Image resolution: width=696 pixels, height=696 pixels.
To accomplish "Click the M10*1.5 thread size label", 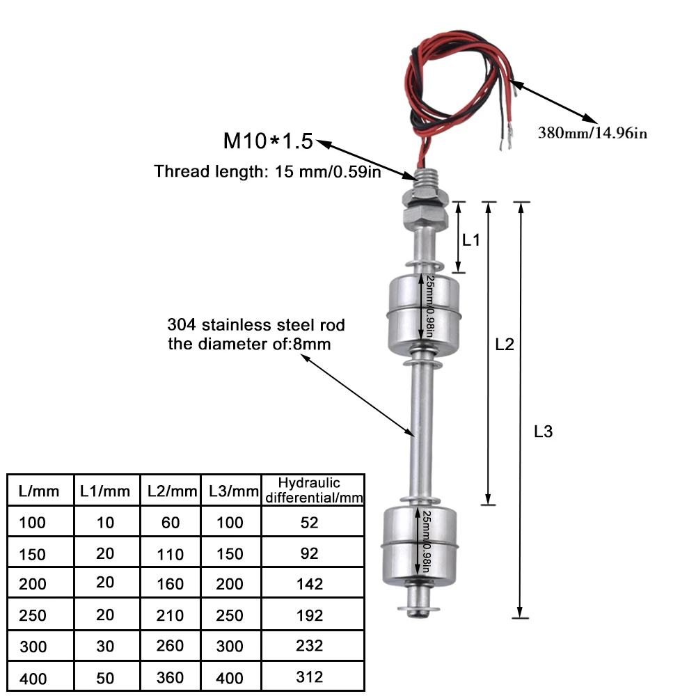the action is pyautogui.click(x=268, y=141).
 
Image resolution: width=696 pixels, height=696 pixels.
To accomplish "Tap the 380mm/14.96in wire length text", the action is pyautogui.click(x=592, y=133).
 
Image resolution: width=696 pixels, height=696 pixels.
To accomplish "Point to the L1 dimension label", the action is pyautogui.click(x=471, y=240).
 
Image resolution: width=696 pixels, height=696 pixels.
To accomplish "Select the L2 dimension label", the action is pyautogui.click(x=504, y=344).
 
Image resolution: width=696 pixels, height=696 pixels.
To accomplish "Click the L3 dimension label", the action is pyautogui.click(x=543, y=432).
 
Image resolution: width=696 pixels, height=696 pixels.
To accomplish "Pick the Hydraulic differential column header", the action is pyautogui.click(x=313, y=490).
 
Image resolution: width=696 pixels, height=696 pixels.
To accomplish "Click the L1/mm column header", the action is pyautogui.click(x=105, y=491).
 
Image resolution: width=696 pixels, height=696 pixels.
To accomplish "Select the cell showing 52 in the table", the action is pyautogui.click(x=310, y=523).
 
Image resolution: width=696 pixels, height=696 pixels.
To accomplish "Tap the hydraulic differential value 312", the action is pyautogui.click(x=310, y=677).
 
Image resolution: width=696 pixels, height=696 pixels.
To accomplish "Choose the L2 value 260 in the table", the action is pyautogui.click(x=170, y=645).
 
